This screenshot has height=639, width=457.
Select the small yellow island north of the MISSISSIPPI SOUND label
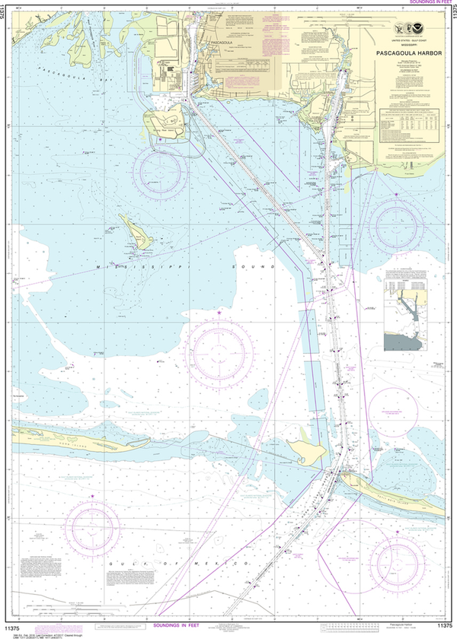139,231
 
